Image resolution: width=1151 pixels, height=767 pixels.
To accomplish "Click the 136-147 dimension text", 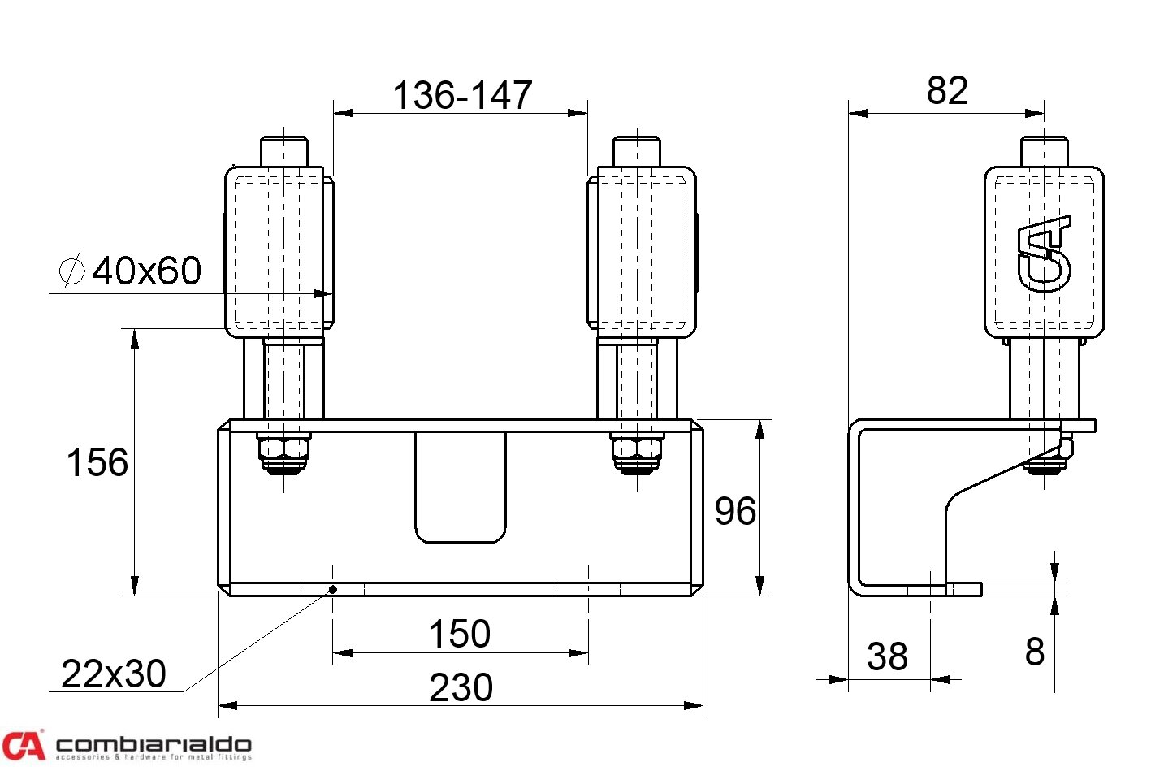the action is click(x=462, y=96).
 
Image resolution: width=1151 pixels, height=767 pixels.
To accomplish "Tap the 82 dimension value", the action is click(x=947, y=90).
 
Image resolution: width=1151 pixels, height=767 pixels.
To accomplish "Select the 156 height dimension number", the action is click(x=97, y=462).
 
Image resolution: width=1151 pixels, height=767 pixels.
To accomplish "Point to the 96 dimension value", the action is click(x=735, y=511).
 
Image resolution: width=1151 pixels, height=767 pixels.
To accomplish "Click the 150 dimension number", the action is click(x=460, y=634).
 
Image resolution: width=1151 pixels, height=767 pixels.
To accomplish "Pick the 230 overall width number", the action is click(x=461, y=688).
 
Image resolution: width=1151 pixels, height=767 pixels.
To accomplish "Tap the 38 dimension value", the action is click(x=887, y=656).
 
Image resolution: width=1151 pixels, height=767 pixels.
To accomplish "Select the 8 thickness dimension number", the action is click(x=1035, y=652).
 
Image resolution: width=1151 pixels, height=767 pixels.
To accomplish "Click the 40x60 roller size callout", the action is click(x=146, y=271).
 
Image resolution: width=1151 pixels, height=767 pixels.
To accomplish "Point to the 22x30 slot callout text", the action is click(x=114, y=674).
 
